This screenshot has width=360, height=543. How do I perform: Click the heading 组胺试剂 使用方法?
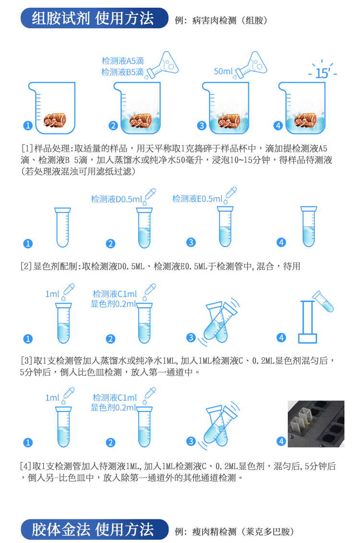coord(94,18)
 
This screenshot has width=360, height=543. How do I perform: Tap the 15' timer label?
coord(322,73)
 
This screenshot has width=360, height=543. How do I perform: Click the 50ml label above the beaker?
coord(223,71)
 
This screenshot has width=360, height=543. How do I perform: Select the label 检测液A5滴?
coord(122,61)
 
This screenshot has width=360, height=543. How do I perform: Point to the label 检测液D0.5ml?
coord(116,199)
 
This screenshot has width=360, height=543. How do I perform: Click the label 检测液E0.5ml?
coord(197,199)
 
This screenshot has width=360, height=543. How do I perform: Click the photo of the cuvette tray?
coord(316,424)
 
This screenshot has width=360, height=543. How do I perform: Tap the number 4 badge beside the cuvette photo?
coord(282,441)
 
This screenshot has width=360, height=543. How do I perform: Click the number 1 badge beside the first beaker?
coord(28,126)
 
